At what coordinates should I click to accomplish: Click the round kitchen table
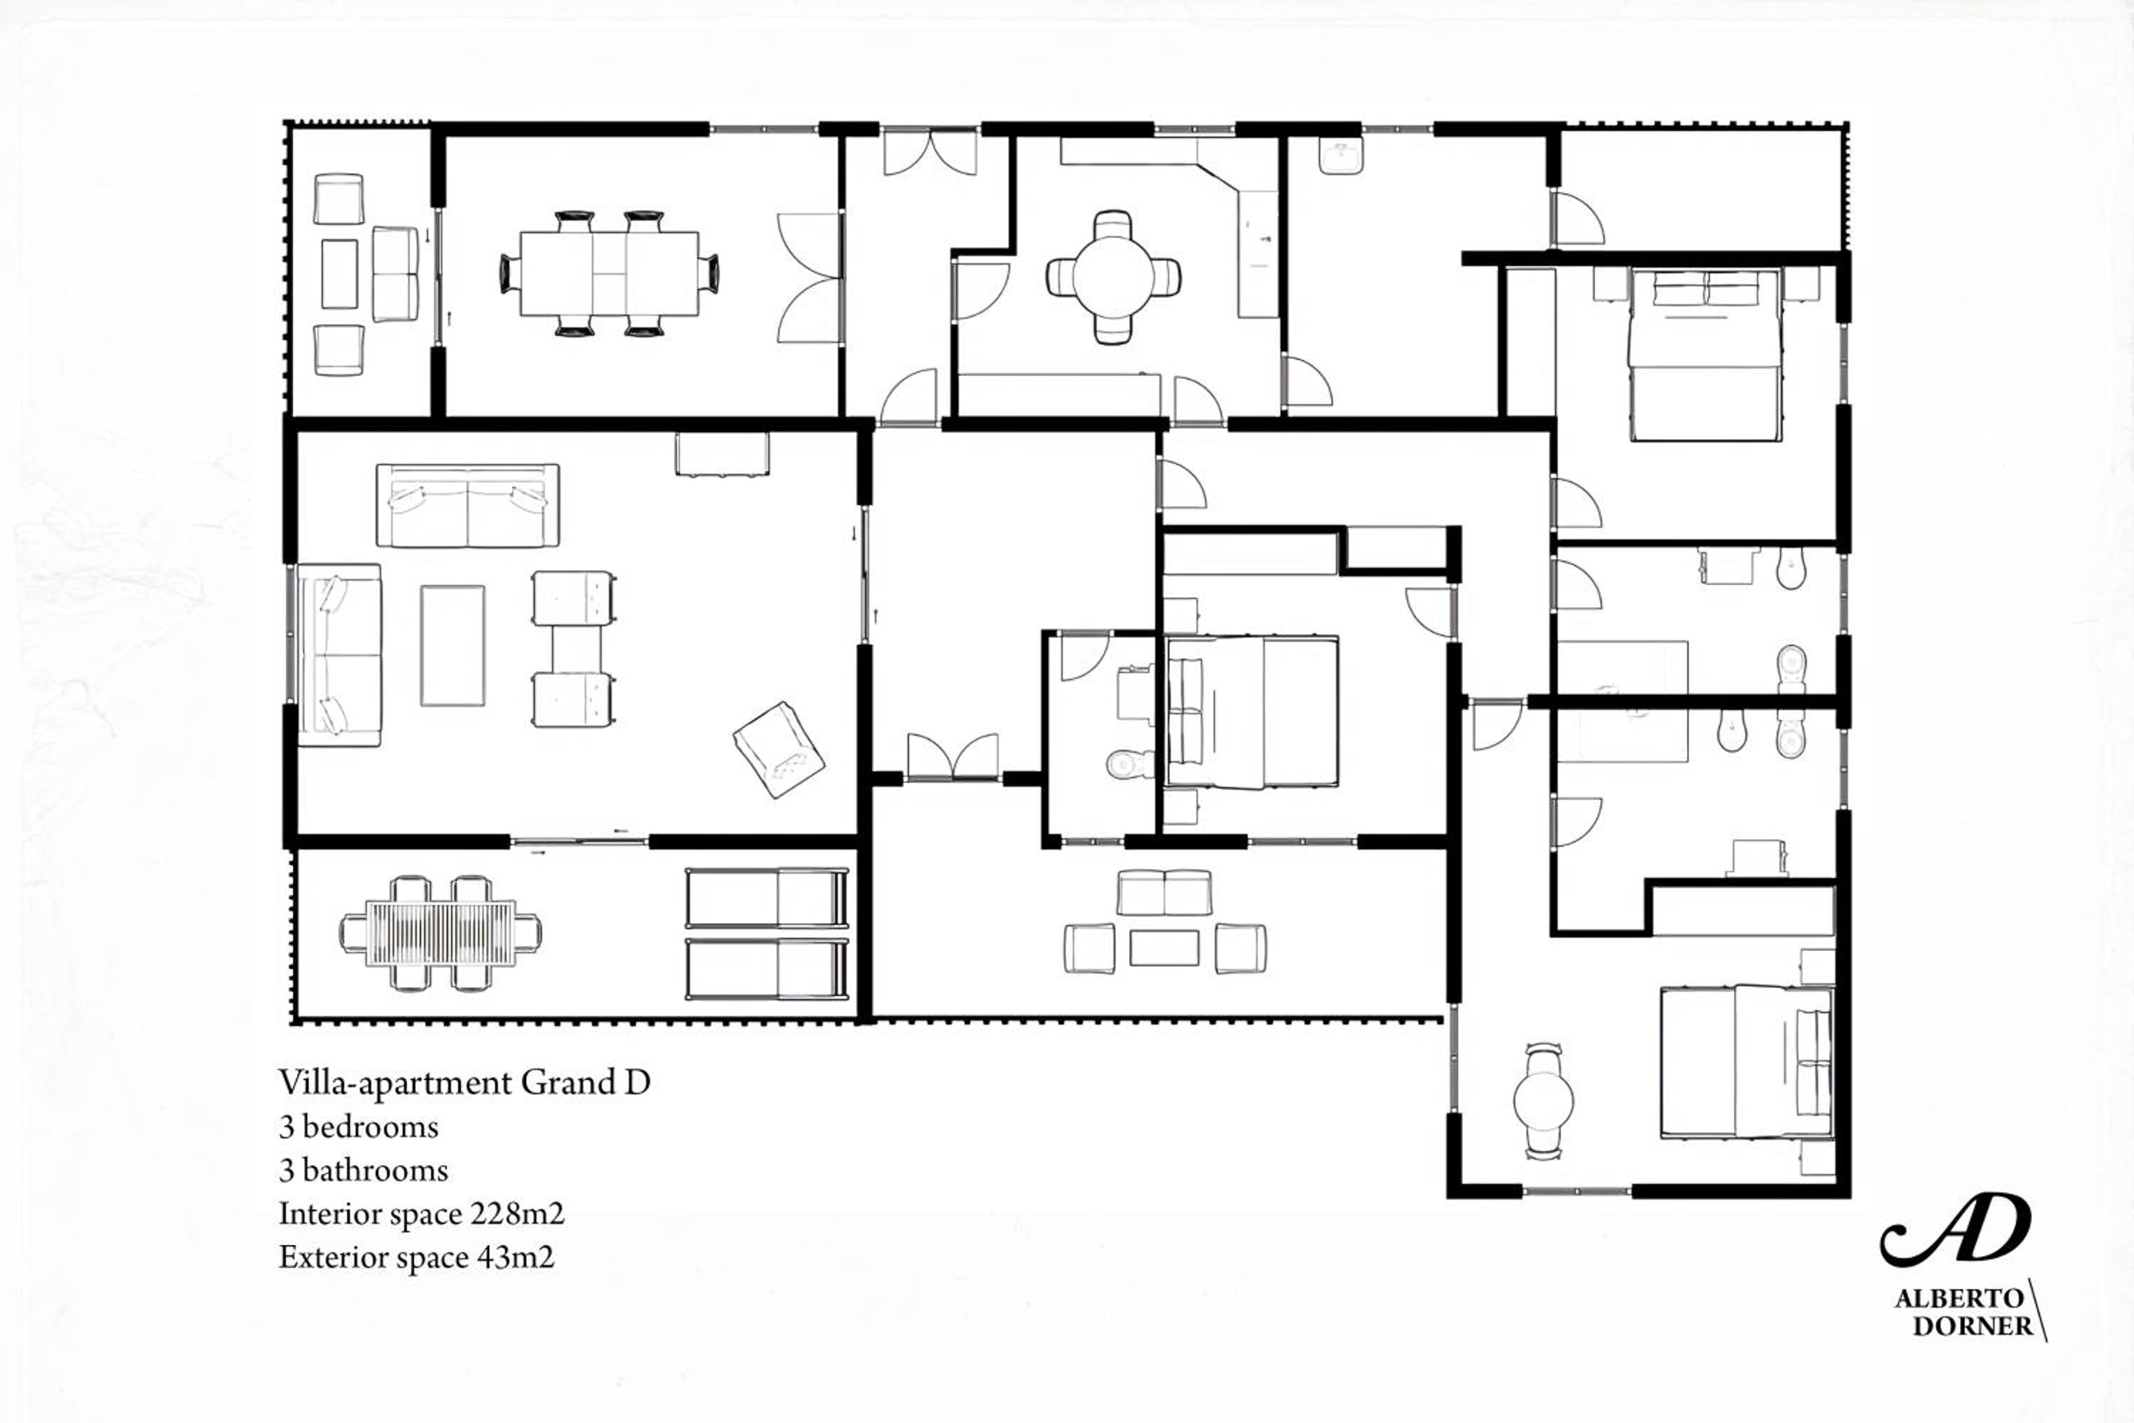tap(1113, 277)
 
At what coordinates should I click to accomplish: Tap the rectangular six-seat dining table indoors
tap(609, 273)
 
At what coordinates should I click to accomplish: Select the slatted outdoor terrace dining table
tap(440, 932)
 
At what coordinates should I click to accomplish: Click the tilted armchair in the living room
tap(778, 750)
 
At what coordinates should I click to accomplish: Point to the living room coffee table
tap(452, 645)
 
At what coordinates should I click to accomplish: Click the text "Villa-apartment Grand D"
tap(465, 1083)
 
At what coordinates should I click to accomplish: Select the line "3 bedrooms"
tap(359, 1127)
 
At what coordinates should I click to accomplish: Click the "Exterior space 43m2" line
tap(416, 1257)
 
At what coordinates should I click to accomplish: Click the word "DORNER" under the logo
tap(1973, 1326)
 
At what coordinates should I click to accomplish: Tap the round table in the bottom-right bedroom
tap(1544, 1101)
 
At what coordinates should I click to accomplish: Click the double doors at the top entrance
tap(930, 152)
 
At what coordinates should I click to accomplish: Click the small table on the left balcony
tap(339, 274)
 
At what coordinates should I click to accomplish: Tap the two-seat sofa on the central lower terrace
tap(1164, 893)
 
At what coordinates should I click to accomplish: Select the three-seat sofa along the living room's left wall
tap(339, 655)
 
